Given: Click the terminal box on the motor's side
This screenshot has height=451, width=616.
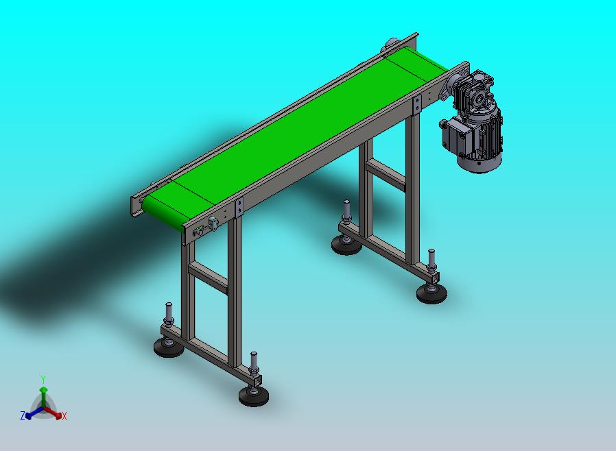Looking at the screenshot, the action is coord(453,136).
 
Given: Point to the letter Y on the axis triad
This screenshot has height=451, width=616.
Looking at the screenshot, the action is coord(43,379).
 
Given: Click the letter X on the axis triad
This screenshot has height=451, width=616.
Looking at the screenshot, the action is coord(64,416).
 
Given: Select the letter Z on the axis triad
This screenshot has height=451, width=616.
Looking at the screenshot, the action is coord(23,415).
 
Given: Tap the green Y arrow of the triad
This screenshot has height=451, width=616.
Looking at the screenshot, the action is coord(44,398).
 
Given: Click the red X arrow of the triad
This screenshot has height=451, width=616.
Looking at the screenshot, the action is coord(54,413).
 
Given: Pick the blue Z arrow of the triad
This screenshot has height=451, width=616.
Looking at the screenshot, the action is coord(34,413).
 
